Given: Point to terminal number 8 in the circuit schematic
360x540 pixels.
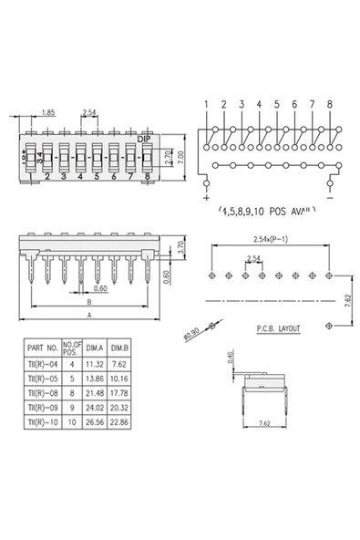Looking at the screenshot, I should [x=329, y=104].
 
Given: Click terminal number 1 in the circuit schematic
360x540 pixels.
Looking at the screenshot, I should [x=207, y=104].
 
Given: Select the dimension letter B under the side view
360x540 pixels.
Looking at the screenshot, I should [x=88, y=300].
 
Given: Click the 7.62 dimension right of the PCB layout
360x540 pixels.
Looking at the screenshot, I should [x=348, y=299].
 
